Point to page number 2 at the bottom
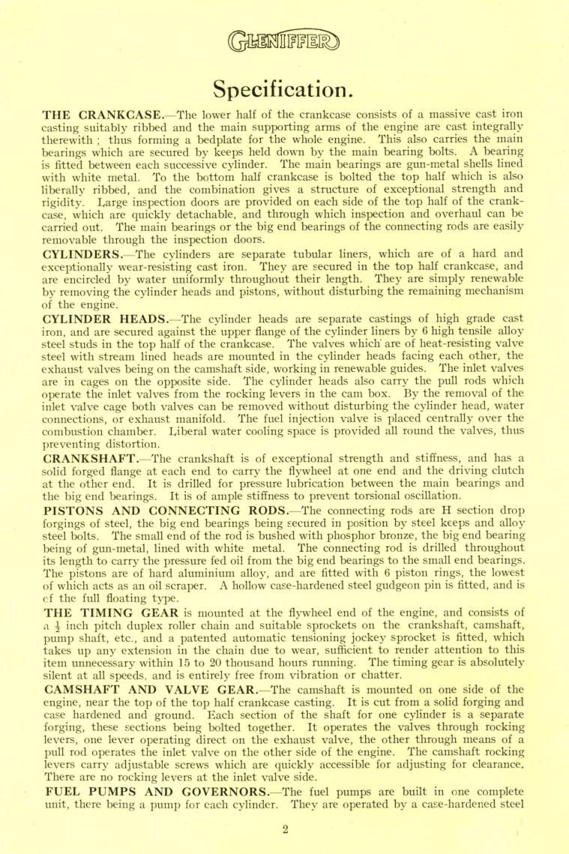click(286, 829)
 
